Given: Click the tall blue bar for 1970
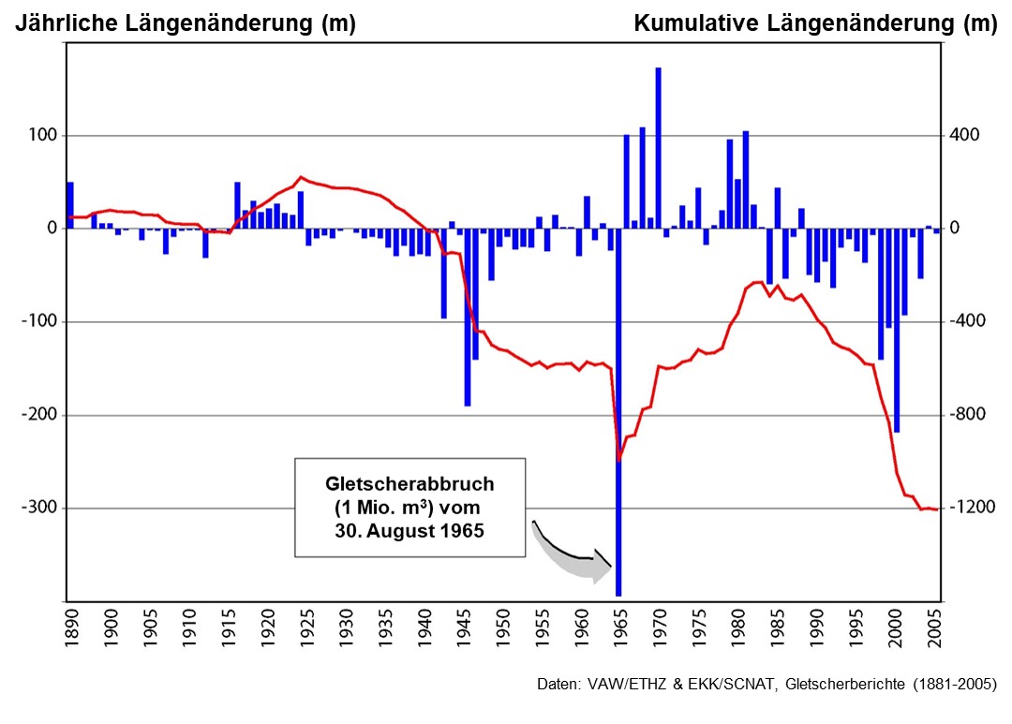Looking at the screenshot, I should tap(658, 148).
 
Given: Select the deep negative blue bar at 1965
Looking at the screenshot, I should tap(618, 412).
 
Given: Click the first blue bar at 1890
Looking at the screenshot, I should tap(69, 205).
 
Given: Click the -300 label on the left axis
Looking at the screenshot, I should tap(38, 509).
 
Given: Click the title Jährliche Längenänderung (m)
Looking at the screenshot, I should tap(185, 25).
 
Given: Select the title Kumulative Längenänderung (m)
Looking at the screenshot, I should tap(815, 25).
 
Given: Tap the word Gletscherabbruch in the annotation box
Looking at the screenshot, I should tap(409, 484).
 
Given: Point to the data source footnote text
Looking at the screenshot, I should tap(766, 684).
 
